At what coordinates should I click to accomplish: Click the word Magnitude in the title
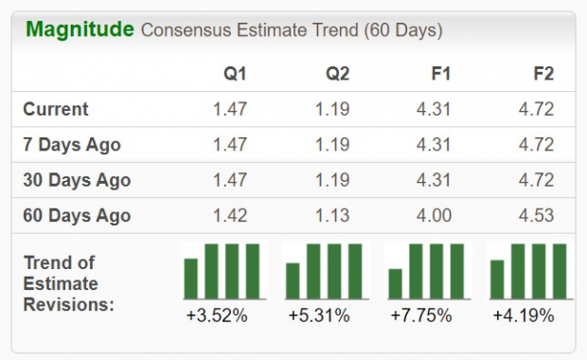(80, 29)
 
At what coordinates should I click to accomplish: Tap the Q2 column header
(337, 73)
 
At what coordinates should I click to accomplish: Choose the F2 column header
(543, 73)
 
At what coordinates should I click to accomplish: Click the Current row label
(56, 109)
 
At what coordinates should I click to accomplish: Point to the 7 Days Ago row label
(72, 145)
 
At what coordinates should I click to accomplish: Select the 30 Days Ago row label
(77, 180)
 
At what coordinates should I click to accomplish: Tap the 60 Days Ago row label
(77, 215)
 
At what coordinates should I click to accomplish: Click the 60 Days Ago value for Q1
(230, 215)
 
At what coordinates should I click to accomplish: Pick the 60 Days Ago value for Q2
(333, 215)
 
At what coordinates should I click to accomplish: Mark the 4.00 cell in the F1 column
(435, 215)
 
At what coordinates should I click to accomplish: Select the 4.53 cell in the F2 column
(537, 215)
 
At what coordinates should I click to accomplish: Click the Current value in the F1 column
(435, 109)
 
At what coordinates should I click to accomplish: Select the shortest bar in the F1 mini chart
(396, 283)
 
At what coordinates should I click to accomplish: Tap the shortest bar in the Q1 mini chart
(191, 278)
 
